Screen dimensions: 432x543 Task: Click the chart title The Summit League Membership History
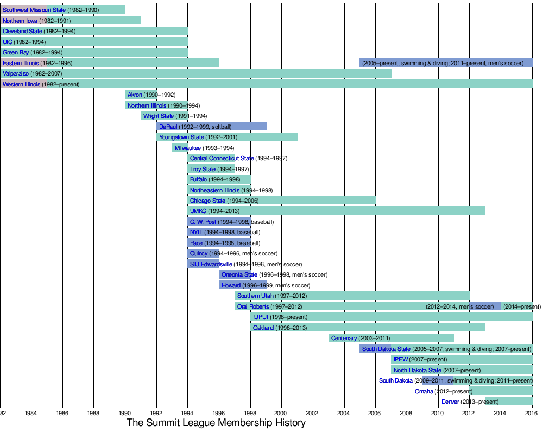click(x=216, y=423)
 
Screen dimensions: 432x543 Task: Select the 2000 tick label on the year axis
click(x=281, y=413)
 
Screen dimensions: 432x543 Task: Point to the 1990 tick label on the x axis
click(x=125, y=413)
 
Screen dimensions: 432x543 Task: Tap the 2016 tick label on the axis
click(x=532, y=413)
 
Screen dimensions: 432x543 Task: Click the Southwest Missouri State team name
click(x=34, y=10)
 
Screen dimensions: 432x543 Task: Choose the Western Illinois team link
click(x=21, y=84)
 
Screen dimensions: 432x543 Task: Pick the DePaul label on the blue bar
click(x=168, y=127)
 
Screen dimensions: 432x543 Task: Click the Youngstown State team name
click(x=181, y=137)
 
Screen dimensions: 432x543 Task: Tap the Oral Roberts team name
click(x=253, y=306)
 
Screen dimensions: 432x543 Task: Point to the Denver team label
click(x=450, y=402)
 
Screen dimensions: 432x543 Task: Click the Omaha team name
click(x=424, y=391)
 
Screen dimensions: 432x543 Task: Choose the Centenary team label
click(x=344, y=339)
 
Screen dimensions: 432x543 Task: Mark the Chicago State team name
click(x=207, y=201)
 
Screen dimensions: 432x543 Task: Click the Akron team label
click(x=135, y=95)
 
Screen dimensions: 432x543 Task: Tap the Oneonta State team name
click(x=239, y=274)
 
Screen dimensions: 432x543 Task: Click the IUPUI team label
click(x=261, y=317)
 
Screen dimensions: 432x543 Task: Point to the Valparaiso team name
click(x=16, y=73)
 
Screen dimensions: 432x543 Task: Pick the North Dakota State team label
click(x=417, y=370)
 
